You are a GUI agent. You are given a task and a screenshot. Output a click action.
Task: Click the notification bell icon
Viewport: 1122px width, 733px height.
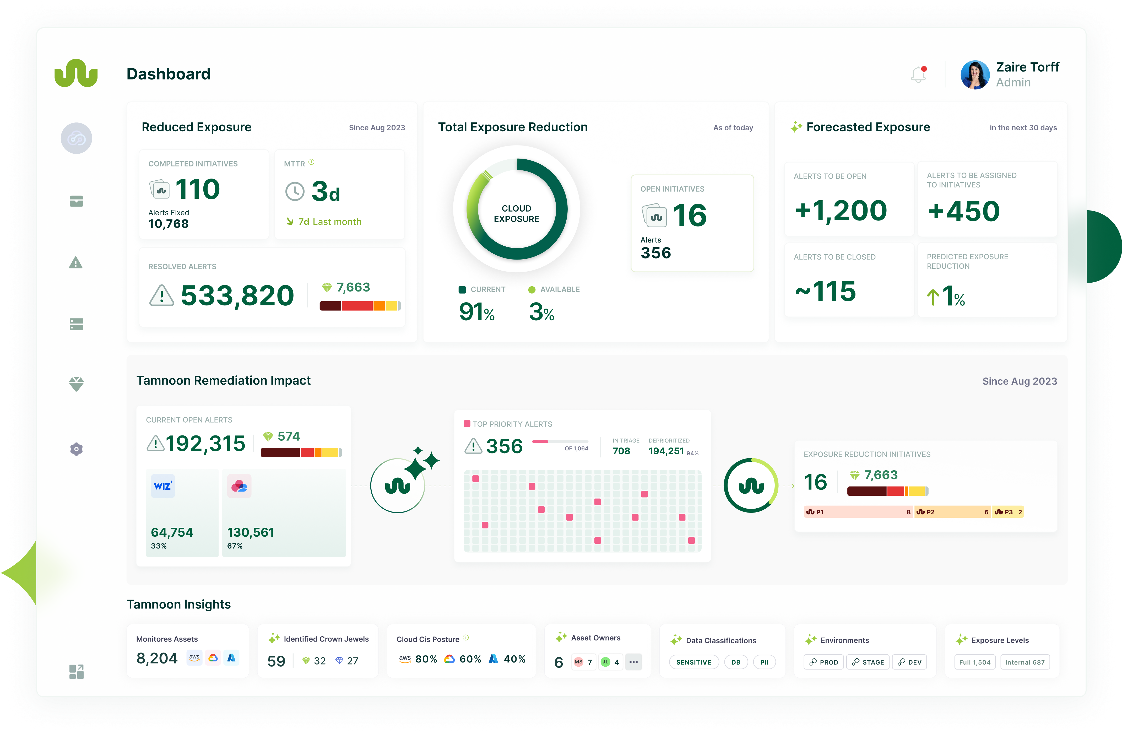pyautogui.click(x=918, y=74)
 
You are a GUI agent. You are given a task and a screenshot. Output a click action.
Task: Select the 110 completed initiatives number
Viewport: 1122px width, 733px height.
pyautogui.click(x=198, y=189)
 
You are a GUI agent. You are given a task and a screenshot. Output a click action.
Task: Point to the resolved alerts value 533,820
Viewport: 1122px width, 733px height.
pyautogui.click(x=237, y=296)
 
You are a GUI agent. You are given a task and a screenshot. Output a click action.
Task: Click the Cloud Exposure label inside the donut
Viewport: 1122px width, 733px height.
pyautogui.click(x=516, y=214)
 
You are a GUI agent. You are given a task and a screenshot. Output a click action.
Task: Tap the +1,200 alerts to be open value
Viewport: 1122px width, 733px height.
pyautogui.click(x=841, y=210)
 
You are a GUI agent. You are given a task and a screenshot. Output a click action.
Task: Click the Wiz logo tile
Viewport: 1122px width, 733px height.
pyautogui.click(x=163, y=486)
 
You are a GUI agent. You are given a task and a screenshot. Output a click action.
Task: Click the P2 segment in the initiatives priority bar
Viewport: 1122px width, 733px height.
pyautogui.click(x=952, y=512)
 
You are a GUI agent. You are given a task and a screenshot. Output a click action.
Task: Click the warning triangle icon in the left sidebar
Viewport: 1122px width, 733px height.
pyautogui.click(x=76, y=263)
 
